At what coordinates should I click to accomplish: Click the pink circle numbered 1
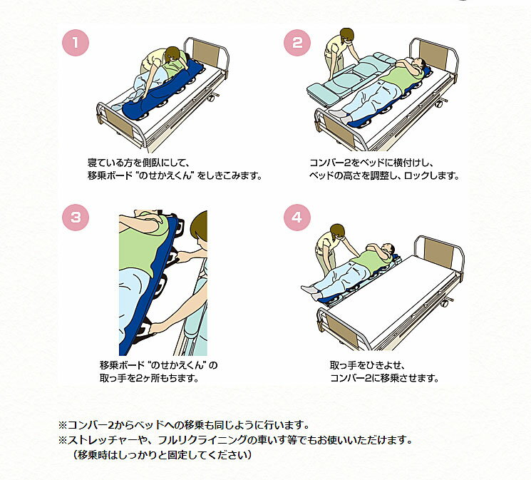click(76, 43)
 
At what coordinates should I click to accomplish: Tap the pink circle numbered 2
click(297, 43)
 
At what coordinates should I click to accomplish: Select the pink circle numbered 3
click(76, 218)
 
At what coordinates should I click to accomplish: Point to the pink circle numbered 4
click(297, 218)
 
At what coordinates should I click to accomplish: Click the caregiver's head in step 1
click(173, 55)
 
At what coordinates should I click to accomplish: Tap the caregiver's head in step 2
click(346, 36)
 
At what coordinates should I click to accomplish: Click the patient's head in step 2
click(418, 63)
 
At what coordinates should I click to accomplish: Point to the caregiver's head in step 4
click(337, 232)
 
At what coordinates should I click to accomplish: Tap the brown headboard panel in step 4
click(439, 252)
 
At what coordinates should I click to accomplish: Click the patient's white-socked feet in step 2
click(340, 116)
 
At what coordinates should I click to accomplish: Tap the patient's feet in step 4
click(313, 292)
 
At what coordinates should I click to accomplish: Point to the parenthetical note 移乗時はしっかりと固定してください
click(163, 454)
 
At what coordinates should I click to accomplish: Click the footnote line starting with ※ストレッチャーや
click(235, 439)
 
